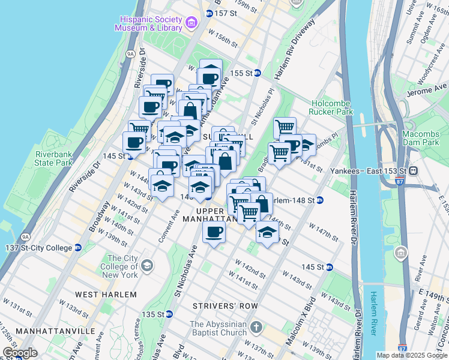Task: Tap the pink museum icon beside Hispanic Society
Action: click(191, 23)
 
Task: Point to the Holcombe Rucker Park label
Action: click(331, 107)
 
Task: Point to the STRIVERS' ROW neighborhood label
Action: click(225, 306)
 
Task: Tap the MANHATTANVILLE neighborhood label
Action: click(55, 331)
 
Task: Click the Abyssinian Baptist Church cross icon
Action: click(256, 328)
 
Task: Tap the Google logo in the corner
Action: click(20, 353)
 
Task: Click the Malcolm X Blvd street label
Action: click(300, 328)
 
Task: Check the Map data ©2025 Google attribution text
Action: click(411, 355)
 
